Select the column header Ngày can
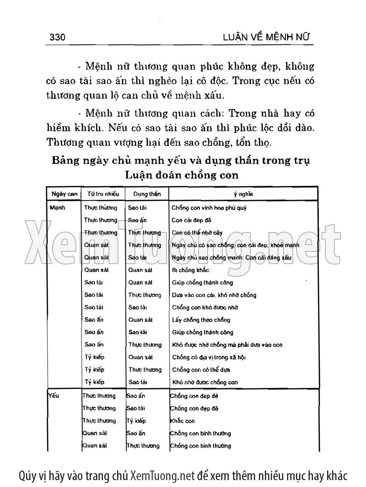coord(64,194)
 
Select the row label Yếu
coord(54,395)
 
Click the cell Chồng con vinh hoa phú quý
coord(209,207)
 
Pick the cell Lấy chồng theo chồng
coord(201,320)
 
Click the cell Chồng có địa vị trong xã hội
coord(209,357)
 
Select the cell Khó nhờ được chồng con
coord(205,382)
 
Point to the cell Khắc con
coord(182,421)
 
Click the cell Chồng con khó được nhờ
coord(205,308)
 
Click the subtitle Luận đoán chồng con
coord(181,175)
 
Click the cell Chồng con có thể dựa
coord(201,370)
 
